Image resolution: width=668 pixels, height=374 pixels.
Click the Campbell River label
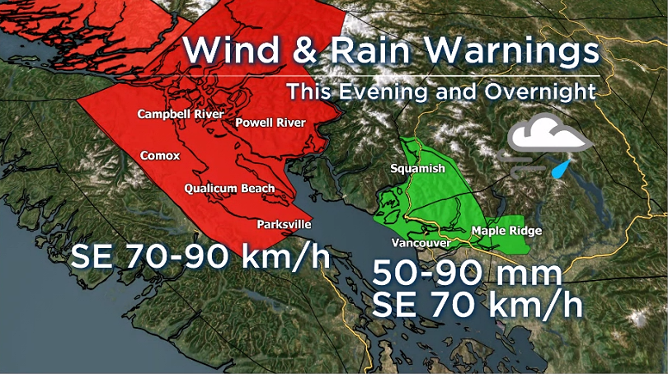coord(181,114)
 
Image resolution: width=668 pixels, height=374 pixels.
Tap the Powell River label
coord(270,123)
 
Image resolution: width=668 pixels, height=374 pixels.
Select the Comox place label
coord(160,155)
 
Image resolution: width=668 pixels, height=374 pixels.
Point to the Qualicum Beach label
coord(229,189)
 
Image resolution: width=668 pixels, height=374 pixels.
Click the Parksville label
coord(284,223)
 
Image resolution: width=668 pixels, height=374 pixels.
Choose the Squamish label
coord(418,169)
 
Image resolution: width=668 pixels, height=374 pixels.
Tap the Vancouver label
coord(421,244)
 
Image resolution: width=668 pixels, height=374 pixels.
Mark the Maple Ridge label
coord(506,231)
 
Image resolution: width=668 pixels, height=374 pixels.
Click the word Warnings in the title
coord(511,51)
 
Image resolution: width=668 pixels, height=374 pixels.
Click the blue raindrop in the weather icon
coord(562,170)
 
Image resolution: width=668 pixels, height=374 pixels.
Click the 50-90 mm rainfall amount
coord(468,273)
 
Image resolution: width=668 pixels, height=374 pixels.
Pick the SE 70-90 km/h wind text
coord(200,256)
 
